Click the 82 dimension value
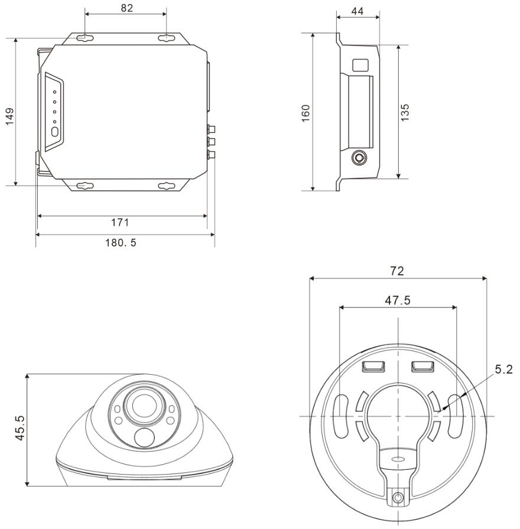pyautogui.click(x=127, y=8)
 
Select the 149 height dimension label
pyautogui.click(x=10, y=116)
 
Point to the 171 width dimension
pyautogui.click(x=120, y=222)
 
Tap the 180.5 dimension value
pyautogui.click(x=121, y=242)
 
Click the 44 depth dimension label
pyautogui.click(x=357, y=11)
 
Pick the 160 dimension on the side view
pyautogui.click(x=305, y=113)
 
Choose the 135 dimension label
pyautogui.click(x=405, y=113)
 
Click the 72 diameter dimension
pyautogui.click(x=397, y=271)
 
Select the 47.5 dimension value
pyautogui.click(x=398, y=300)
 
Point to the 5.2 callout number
pyautogui.click(x=504, y=369)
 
